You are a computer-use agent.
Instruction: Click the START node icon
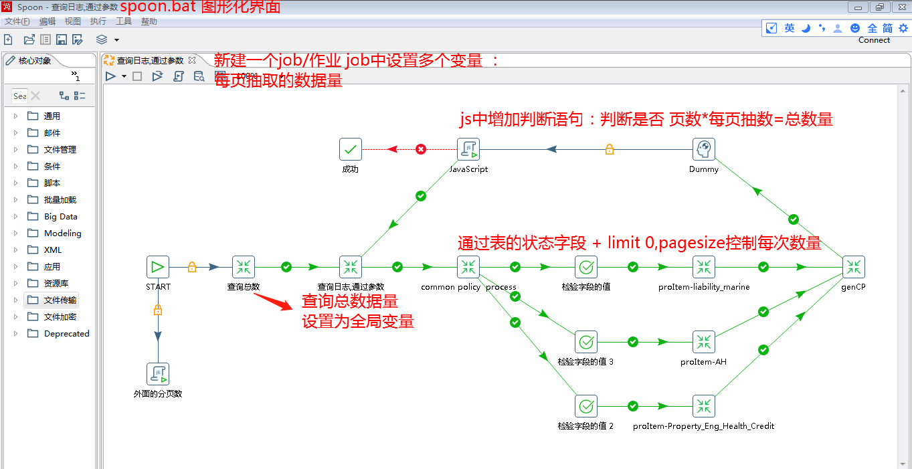(158, 267)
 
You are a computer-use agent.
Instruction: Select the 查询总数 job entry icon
(244, 267)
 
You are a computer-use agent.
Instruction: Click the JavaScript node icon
(468, 149)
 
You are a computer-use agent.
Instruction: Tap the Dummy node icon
(704, 149)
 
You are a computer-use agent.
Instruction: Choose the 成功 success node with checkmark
(351, 149)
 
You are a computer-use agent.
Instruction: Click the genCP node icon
(854, 267)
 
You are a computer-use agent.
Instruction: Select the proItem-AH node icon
(704, 342)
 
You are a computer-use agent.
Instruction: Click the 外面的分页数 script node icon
(158, 374)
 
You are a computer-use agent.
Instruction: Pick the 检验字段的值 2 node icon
(586, 406)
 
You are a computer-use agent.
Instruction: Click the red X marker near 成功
(421, 149)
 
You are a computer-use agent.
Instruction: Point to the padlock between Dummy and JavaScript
(609, 149)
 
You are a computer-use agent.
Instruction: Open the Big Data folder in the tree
(60, 217)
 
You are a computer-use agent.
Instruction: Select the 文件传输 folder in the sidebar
(60, 300)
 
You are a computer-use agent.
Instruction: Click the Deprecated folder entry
(66, 334)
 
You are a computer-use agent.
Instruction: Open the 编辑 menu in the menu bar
(48, 21)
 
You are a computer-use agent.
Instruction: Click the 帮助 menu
(149, 21)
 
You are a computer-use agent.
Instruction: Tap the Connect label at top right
(874, 40)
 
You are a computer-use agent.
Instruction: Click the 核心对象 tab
(34, 61)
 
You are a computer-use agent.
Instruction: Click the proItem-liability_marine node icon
(704, 267)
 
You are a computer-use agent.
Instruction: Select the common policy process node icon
(468, 267)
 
